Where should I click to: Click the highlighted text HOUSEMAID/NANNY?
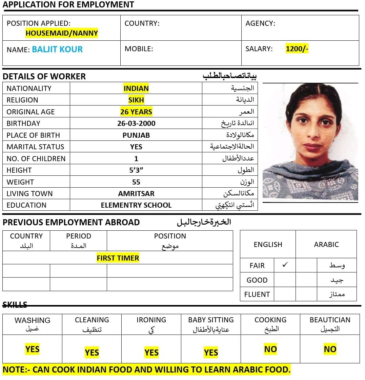(62, 33)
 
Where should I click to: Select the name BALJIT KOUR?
(57, 50)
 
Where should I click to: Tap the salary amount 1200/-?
(297, 49)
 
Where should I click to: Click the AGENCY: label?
(260, 24)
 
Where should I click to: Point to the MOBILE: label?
(139, 49)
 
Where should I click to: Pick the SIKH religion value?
(136, 100)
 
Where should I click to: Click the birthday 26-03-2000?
(136, 123)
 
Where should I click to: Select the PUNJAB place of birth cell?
(136, 135)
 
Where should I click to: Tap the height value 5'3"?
(136, 170)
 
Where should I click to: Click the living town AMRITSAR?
(136, 194)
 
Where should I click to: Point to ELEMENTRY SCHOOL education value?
(136, 205)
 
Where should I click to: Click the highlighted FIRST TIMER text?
(118, 258)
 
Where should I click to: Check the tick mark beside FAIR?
(285, 265)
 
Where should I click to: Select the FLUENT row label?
(257, 294)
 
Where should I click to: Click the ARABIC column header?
(326, 245)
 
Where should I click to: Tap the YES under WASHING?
(32, 349)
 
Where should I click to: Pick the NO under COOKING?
(270, 349)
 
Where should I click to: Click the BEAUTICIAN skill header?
(330, 320)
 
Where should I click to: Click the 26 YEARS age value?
(136, 112)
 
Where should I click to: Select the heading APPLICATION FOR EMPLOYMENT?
(68, 5)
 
